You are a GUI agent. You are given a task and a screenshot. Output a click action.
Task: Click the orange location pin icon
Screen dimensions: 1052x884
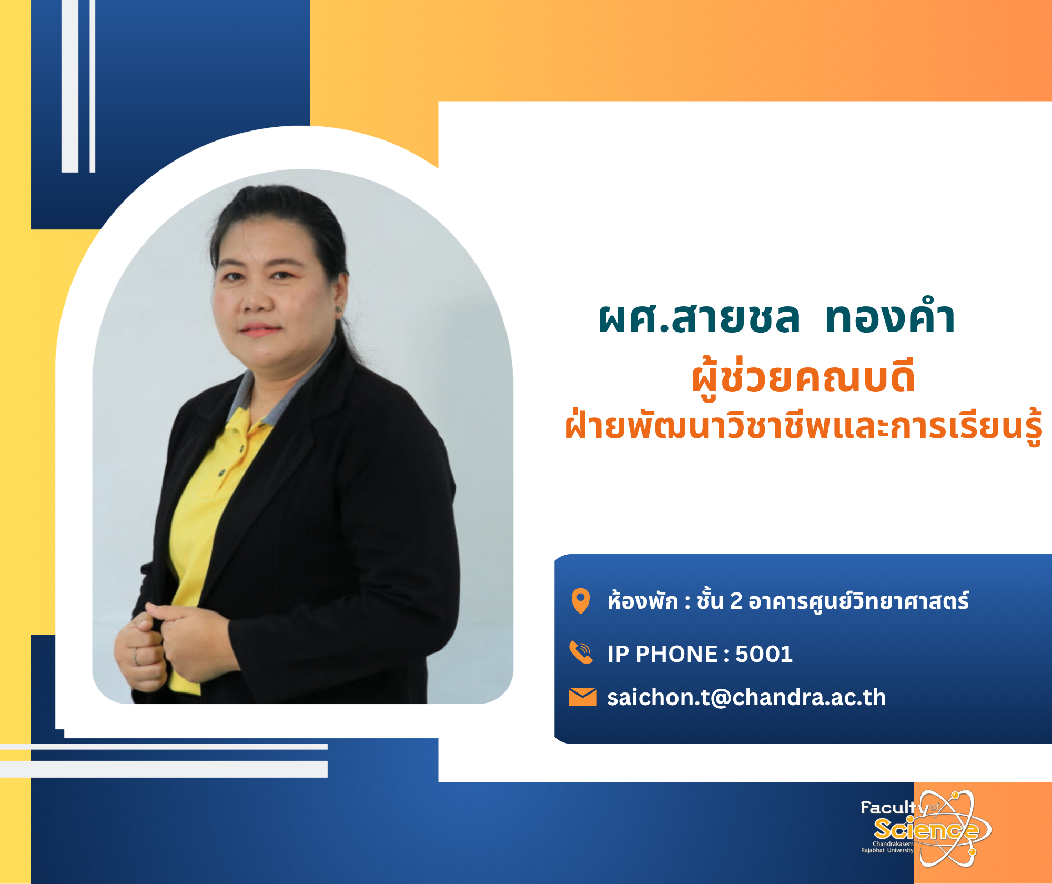pyautogui.click(x=581, y=601)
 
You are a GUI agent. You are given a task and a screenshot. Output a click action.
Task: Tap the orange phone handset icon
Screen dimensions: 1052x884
pyautogui.click(x=581, y=652)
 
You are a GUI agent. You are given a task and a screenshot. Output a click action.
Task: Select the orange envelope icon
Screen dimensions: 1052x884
pyautogui.click(x=583, y=697)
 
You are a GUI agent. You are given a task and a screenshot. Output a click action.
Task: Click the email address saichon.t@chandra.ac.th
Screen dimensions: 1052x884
pyautogui.click(x=746, y=697)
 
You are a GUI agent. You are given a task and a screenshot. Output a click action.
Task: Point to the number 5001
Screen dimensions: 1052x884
pyautogui.click(x=764, y=654)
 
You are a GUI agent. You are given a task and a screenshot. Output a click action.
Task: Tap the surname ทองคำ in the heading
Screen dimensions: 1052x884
pyautogui.click(x=890, y=318)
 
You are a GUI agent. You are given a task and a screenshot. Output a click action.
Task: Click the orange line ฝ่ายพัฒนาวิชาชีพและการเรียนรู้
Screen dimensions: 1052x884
pyautogui.click(x=804, y=425)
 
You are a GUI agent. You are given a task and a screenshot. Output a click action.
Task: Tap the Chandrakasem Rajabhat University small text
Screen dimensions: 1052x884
pyautogui.click(x=887, y=847)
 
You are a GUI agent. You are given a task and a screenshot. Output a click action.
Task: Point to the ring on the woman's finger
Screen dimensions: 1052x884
pyautogui.click(x=136, y=657)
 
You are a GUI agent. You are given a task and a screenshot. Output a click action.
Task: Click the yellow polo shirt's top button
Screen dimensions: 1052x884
pyautogui.click(x=241, y=448)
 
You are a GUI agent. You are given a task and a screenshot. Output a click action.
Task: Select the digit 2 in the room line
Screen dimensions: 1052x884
pyautogui.click(x=736, y=601)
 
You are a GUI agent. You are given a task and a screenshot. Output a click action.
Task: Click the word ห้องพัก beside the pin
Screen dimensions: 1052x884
pyautogui.click(x=643, y=600)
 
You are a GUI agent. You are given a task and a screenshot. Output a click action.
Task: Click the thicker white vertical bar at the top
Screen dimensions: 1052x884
pyautogui.click(x=70, y=86)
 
